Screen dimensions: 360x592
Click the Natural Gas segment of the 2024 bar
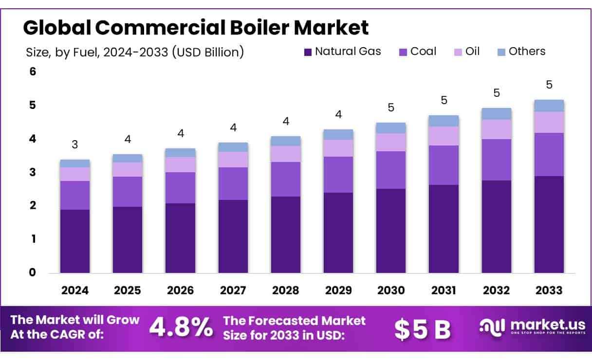75,241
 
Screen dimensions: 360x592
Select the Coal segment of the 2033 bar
549,154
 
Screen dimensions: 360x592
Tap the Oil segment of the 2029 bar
338,148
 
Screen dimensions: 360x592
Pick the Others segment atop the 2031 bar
444,121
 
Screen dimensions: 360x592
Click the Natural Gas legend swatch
308,52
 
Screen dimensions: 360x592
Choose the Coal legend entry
417,52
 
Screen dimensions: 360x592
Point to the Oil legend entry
467,52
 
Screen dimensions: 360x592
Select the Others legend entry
521,52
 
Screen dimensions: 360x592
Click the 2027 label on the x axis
233,290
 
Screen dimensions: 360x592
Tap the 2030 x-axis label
391,290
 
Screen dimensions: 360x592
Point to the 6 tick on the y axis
33,72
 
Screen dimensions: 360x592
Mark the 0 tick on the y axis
33,272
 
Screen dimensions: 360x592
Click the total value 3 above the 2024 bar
75,144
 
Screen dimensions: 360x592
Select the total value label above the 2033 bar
549,85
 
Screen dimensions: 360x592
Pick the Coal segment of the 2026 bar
180,187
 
